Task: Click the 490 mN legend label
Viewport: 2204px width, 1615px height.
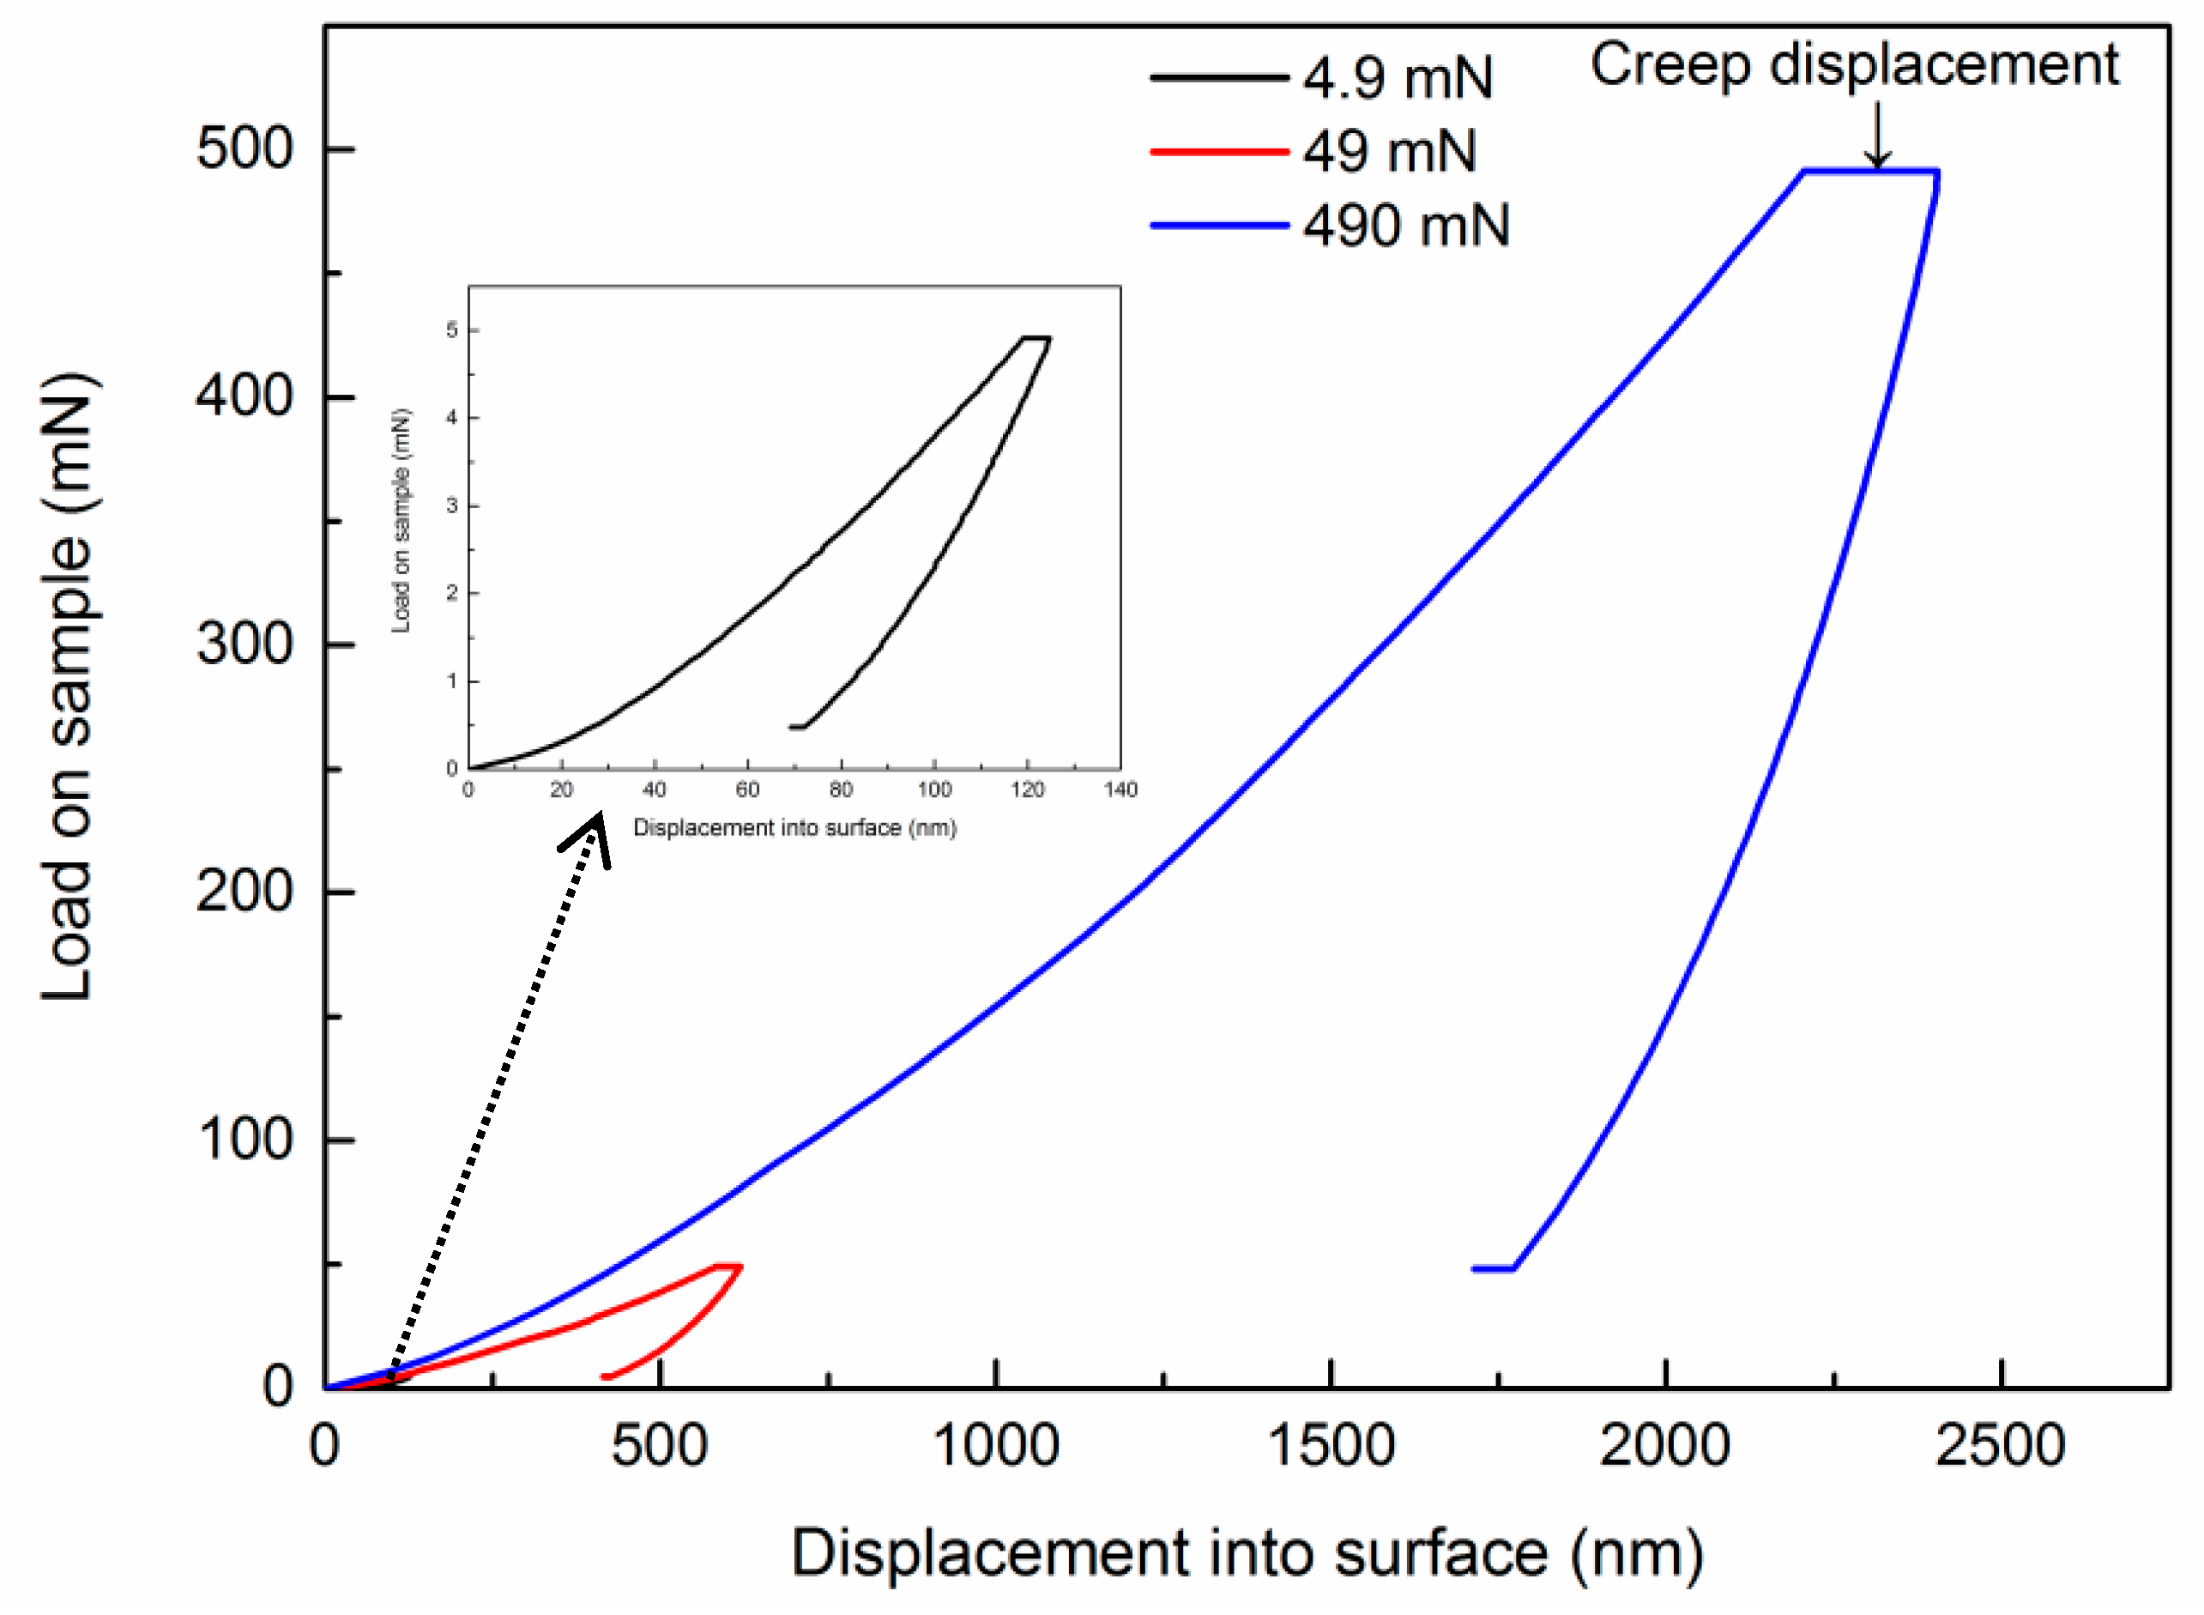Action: tap(1404, 226)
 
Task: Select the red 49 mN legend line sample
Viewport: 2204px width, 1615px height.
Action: tap(1218, 152)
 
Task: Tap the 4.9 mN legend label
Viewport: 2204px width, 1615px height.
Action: tap(1397, 77)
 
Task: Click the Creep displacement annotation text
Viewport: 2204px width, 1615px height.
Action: tap(1853, 65)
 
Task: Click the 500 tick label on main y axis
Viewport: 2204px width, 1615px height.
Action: tap(245, 149)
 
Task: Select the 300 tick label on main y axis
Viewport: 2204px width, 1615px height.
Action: tap(245, 645)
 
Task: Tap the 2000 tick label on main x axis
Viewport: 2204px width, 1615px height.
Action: tap(1664, 1445)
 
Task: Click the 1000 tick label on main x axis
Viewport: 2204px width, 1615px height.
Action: tap(995, 1445)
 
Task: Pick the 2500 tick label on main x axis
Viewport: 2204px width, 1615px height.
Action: tap(2000, 1445)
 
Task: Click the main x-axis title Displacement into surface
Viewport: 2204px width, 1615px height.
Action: tap(1247, 1552)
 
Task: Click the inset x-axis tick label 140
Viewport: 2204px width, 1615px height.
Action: tap(1120, 789)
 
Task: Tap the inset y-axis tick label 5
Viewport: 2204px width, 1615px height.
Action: tap(451, 330)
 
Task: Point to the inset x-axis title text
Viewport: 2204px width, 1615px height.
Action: tap(794, 828)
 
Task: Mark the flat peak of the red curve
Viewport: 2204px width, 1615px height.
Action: tap(728, 1266)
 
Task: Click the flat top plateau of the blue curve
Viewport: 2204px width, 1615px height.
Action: tap(1869, 172)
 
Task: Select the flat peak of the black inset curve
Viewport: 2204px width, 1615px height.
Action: tap(1036, 338)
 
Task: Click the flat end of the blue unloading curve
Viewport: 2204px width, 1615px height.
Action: tap(1493, 1269)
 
